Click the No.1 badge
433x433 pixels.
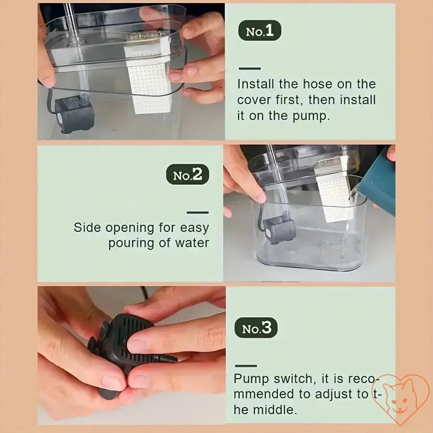[259, 31]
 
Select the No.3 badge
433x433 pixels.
[256, 328]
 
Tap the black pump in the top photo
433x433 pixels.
[74, 115]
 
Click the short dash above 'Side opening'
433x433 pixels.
[198, 212]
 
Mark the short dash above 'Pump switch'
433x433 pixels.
[245, 366]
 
